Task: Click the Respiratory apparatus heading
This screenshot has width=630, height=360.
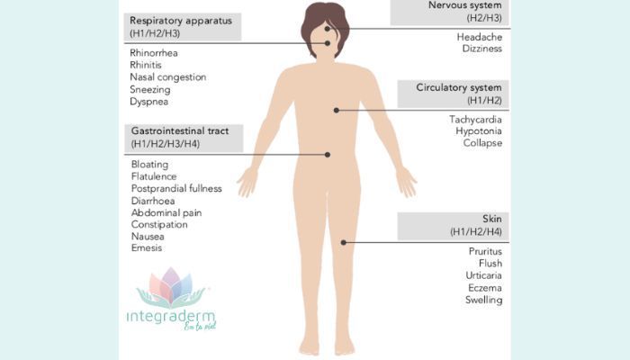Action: click(x=181, y=21)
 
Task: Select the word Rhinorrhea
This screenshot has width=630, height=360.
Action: click(x=154, y=52)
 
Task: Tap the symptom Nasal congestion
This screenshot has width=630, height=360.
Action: click(x=168, y=77)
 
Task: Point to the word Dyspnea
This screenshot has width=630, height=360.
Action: click(x=149, y=102)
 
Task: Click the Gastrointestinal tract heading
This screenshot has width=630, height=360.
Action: click(x=180, y=131)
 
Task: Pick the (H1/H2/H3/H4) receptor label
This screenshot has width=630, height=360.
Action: click(x=166, y=143)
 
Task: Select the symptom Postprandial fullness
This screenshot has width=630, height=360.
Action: click(x=176, y=188)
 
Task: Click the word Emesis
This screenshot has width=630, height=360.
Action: click(x=147, y=247)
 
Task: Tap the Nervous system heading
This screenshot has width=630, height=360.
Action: click(x=465, y=5)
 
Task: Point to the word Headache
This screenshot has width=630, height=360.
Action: click(x=480, y=37)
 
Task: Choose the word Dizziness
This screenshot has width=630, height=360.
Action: click(x=482, y=49)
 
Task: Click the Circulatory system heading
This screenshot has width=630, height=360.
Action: click(x=459, y=87)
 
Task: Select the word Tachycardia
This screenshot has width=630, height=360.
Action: click(x=476, y=120)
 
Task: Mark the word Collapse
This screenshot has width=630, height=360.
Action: click(x=482, y=142)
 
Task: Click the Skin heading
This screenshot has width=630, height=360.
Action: click(x=492, y=219)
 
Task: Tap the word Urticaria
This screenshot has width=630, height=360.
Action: click(x=484, y=275)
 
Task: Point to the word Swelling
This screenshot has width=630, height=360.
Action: click(x=484, y=300)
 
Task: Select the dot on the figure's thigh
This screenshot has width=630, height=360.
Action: click(x=344, y=242)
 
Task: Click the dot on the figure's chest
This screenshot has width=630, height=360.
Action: click(x=337, y=110)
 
